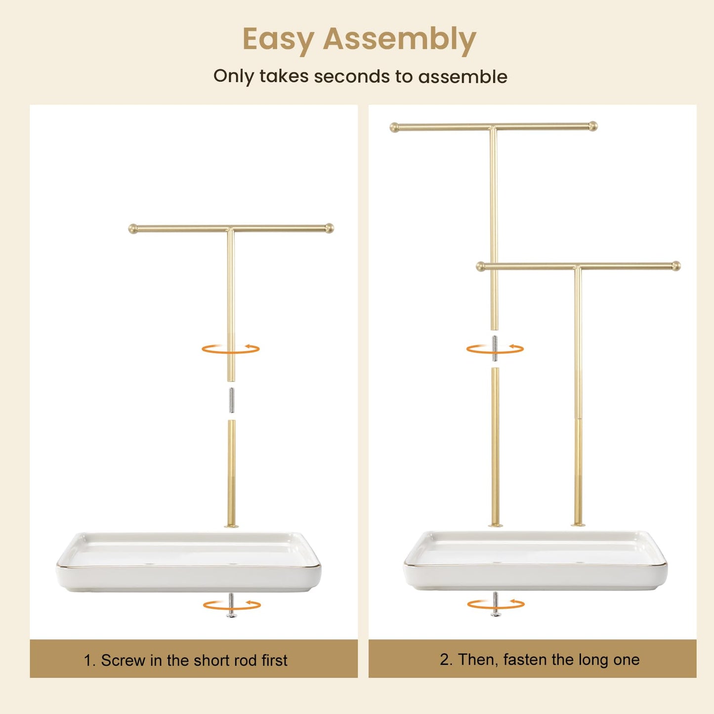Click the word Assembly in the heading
coord(399,39)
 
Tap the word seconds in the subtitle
coord(352,76)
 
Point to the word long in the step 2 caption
coord(588,660)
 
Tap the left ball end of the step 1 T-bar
coord(132,229)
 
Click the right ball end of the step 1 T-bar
coord(329,228)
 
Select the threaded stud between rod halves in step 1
coord(232,400)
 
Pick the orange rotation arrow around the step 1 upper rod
coord(230,349)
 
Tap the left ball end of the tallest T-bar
coord(394,127)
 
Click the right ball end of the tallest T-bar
coord(593,126)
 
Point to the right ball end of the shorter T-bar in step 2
coord(676,266)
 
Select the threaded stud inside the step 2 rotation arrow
coord(495,348)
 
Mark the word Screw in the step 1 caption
coord(123,660)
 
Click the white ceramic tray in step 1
coord(189,562)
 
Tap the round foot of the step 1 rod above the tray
coord(231,526)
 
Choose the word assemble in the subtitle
coord(463,76)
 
